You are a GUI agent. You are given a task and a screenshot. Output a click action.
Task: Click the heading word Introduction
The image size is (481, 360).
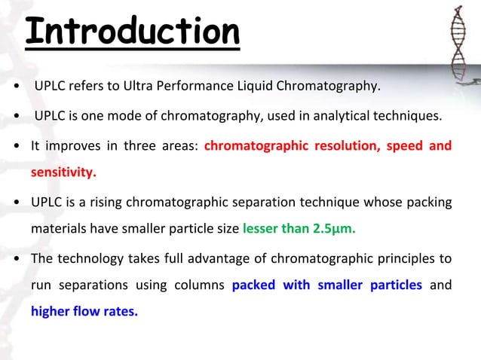[x=132, y=32]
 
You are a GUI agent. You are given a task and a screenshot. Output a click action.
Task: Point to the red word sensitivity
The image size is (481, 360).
[x=63, y=172]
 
